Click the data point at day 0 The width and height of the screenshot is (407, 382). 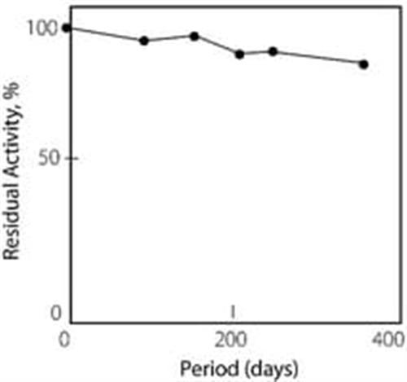(67, 28)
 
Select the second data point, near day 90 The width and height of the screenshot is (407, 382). (144, 41)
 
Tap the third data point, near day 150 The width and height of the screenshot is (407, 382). (195, 37)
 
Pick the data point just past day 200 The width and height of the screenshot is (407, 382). (239, 55)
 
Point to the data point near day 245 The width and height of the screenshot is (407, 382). (273, 51)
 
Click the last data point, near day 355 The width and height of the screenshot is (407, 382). (364, 64)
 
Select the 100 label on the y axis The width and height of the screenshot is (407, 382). (42, 28)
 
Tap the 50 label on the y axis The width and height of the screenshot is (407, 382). (49, 158)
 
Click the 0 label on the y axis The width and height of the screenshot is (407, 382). (56, 313)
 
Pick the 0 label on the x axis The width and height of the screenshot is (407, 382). (64, 340)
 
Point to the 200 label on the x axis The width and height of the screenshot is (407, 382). (230, 340)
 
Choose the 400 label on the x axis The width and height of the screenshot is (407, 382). (387, 340)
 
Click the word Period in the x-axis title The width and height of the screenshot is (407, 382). (208, 368)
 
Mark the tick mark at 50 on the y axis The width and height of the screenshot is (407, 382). (74, 158)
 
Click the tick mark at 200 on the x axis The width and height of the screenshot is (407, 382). (232, 312)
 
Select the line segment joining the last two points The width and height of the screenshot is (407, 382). (318, 58)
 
